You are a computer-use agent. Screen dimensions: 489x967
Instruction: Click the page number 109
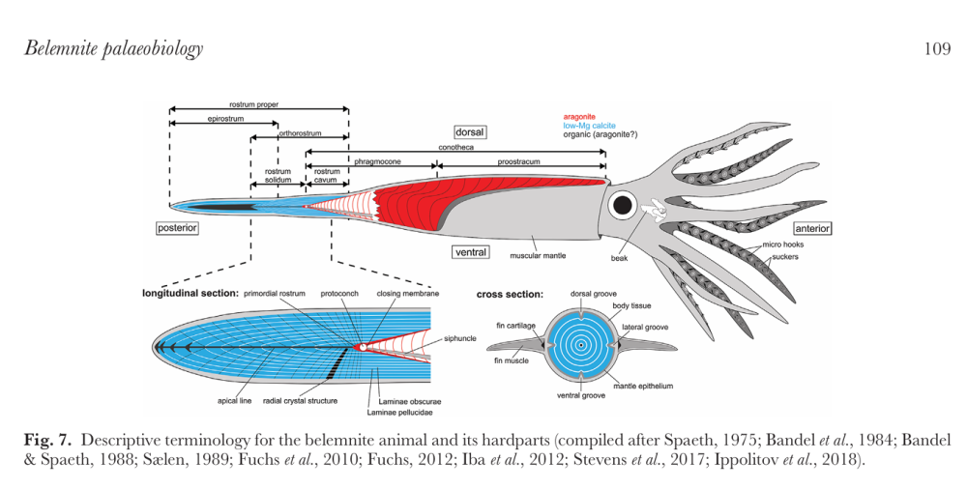point(937,48)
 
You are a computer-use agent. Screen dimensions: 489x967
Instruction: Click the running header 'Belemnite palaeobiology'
point(113,48)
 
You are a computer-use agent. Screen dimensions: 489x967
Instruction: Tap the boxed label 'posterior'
point(178,228)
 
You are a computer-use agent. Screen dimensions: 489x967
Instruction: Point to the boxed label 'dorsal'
point(470,131)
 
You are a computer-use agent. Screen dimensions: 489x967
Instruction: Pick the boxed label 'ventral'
point(471,252)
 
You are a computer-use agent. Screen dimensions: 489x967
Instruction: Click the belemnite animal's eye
point(621,204)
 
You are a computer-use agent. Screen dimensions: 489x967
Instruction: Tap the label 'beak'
point(620,258)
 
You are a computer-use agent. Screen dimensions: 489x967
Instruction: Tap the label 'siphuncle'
point(460,338)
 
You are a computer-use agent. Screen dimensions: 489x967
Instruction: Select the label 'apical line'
point(235,399)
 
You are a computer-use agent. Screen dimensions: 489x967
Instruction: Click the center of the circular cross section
point(581,344)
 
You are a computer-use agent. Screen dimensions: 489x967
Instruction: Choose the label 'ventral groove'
point(580,396)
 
